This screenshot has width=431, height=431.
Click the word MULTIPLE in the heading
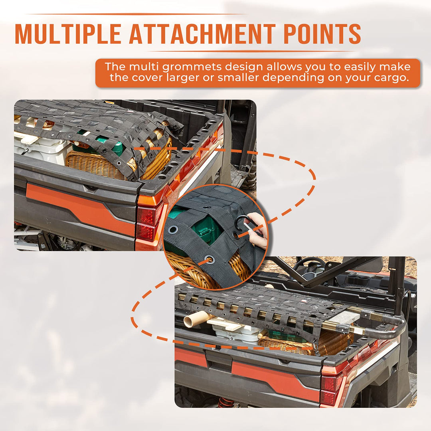(x=68, y=34)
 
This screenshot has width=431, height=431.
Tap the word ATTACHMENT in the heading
(x=202, y=34)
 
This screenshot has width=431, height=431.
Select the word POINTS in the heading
(x=322, y=34)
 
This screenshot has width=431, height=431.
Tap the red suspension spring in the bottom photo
(x=225, y=402)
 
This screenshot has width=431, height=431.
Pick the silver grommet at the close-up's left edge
(x=174, y=229)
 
